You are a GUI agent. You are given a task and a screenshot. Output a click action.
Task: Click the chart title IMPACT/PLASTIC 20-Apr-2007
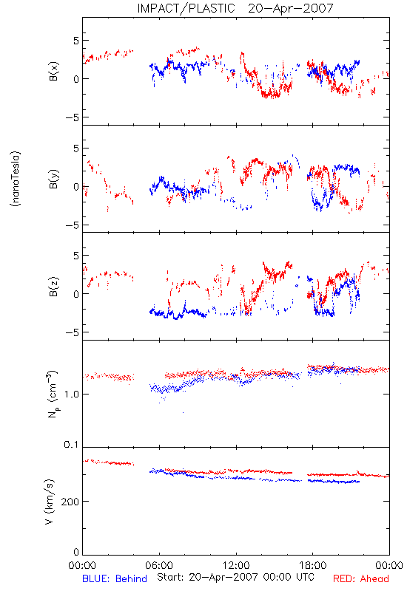pyautogui.click(x=235, y=8)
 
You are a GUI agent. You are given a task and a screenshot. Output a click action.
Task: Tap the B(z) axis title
pyautogui.click(x=53, y=287)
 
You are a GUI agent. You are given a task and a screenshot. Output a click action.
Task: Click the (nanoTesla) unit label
pyautogui.click(x=16, y=179)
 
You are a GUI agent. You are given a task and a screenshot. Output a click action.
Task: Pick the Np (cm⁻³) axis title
pyautogui.click(x=53, y=394)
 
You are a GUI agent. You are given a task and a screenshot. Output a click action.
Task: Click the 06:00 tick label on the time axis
pyautogui.click(x=159, y=565)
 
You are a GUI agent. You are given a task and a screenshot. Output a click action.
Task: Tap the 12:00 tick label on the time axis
pyautogui.click(x=236, y=565)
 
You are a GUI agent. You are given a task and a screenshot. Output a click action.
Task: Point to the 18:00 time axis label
pyautogui.click(x=313, y=565)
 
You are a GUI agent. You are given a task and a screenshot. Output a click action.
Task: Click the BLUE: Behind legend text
pyautogui.click(x=115, y=578)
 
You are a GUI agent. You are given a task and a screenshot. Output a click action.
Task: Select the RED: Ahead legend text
pyautogui.click(x=360, y=578)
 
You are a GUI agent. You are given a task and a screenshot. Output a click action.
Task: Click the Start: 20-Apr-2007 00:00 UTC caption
pyautogui.click(x=235, y=577)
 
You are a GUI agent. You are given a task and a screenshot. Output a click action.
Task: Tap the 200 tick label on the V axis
pyautogui.click(x=70, y=502)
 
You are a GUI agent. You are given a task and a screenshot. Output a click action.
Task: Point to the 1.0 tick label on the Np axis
pyautogui.click(x=71, y=394)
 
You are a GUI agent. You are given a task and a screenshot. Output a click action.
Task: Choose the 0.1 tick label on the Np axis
pyautogui.click(x=71, y=445)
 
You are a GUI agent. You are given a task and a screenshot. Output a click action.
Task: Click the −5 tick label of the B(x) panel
pyautogui.click(x=72, y=117)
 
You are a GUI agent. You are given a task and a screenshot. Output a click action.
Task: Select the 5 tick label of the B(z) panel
pyautogui.click(x=76, y=256)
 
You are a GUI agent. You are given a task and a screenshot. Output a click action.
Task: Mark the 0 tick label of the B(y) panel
pyautogui.click(x=76, y=187)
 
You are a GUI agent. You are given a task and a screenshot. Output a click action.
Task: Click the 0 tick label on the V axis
pyautogui.click(x=76, y=553)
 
